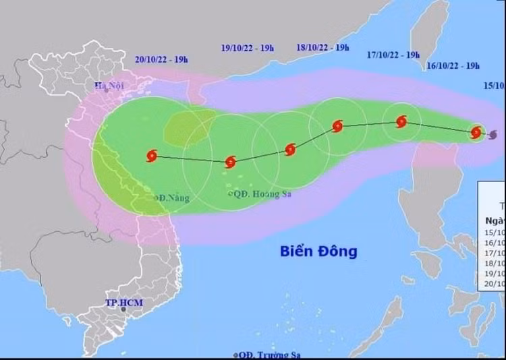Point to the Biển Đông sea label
318,251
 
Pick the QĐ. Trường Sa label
269,355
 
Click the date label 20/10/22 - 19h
161,59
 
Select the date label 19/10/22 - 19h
248,48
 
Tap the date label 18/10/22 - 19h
322,47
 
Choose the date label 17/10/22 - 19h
394,55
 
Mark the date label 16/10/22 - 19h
453,65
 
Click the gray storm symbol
493,134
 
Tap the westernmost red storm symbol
151,156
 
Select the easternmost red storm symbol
476,132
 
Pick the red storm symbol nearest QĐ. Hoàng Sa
230,162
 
